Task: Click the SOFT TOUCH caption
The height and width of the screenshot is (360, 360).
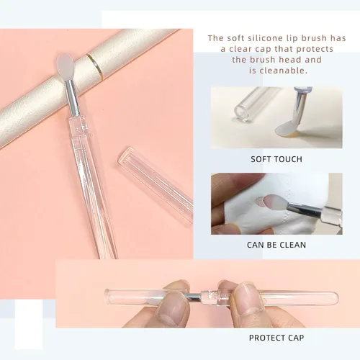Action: (x=276, y=159)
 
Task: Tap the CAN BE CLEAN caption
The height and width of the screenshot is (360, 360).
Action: (x=276, y=245)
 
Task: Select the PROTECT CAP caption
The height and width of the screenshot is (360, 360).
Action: (x=276, y=338)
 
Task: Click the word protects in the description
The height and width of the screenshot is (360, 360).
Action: (x=315, y=49)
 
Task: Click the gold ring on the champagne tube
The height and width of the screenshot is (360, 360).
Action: (x=95, y=66)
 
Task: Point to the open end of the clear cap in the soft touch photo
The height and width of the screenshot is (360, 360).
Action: (x=241, y=113)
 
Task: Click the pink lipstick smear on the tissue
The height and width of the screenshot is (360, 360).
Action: (x=258, y=202)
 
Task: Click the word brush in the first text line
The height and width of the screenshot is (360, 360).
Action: (x=314, y=38)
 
